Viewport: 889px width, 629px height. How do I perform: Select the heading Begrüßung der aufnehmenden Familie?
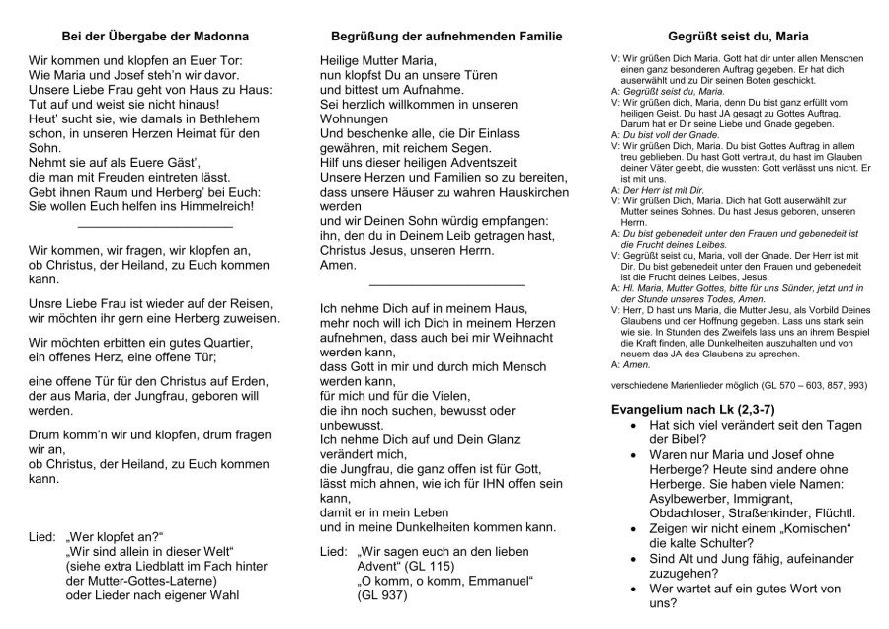(447, 37)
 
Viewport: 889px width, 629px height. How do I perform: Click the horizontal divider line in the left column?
(154, 227)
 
